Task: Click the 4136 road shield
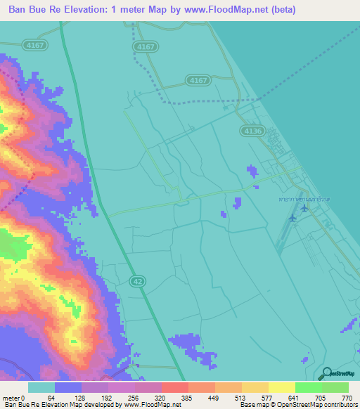[250, 131]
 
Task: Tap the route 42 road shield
[137, 280]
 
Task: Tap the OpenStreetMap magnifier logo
[326, 373]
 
